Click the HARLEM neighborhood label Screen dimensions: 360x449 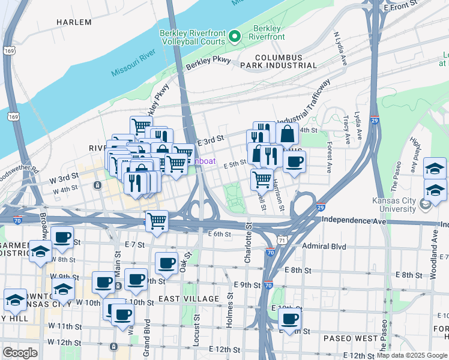coord(74,22)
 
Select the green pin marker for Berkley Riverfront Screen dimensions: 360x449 coord(235,37)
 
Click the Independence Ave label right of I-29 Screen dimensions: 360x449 coord(354,220)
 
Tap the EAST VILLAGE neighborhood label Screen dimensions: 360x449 coord(188,299)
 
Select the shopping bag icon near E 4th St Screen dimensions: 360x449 coord(287,134)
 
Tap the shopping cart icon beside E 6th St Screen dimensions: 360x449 coord(157,220)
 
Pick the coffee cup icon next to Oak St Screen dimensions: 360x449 coord(166,262)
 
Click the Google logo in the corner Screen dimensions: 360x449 coord(20,353)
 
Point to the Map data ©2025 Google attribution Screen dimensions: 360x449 coord(412,355)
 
